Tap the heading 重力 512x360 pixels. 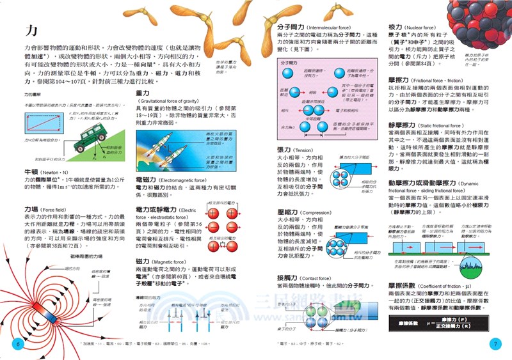click(x=143, y=93)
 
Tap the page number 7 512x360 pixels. click(x=494, y=343)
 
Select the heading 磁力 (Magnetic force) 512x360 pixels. click(x=143, y=262)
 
